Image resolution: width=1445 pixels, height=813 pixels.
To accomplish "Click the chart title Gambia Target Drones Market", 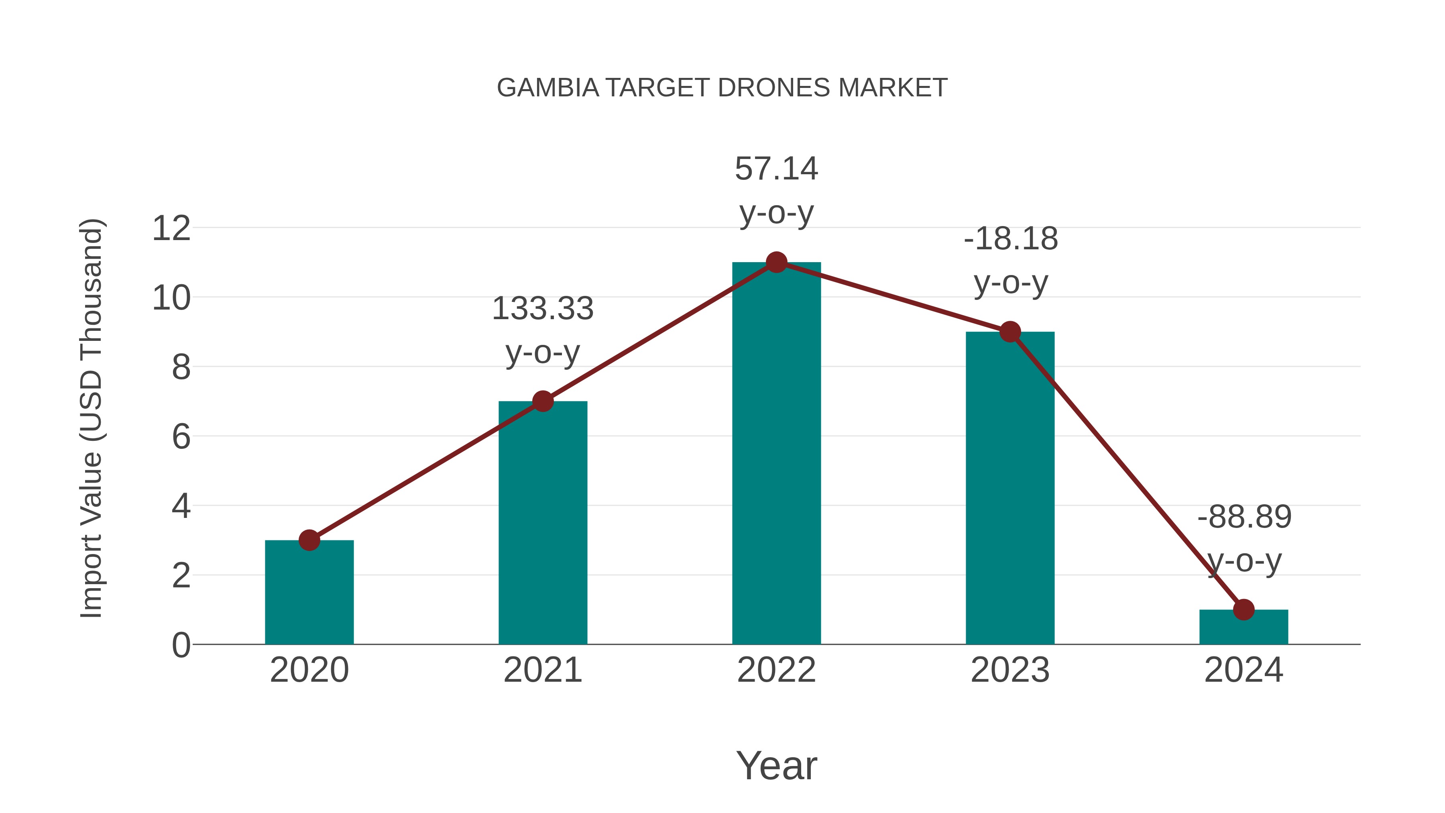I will tap(722, 88).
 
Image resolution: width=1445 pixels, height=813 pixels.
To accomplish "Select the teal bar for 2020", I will tap(309, 595).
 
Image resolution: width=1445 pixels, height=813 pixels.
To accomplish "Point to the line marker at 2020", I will tap(309, 540).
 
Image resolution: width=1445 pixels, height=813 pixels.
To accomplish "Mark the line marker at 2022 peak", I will tap(776, 262).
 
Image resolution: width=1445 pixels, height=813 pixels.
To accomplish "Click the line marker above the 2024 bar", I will tap(1244, 609).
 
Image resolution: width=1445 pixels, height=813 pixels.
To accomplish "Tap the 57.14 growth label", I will tap(776, 169).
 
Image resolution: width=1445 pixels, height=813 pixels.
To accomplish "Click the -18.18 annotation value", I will tap(1010, 239).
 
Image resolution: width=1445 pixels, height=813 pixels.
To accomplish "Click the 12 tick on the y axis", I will tap(171, 228).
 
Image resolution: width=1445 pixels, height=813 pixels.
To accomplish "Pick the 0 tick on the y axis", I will tap(181, 645).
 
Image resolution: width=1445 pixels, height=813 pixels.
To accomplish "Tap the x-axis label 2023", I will tap(1010, 670).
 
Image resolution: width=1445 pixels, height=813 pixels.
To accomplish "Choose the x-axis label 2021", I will tap(542, 670).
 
